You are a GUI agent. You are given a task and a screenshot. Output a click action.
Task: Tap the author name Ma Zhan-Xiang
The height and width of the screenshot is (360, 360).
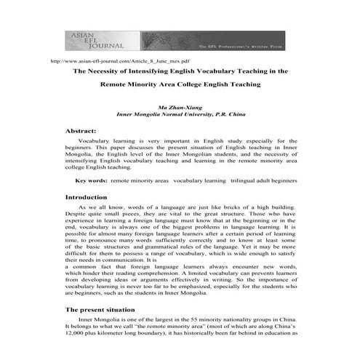[190, 106]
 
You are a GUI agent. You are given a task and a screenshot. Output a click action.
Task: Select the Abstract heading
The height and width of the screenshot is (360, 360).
[81, 129]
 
